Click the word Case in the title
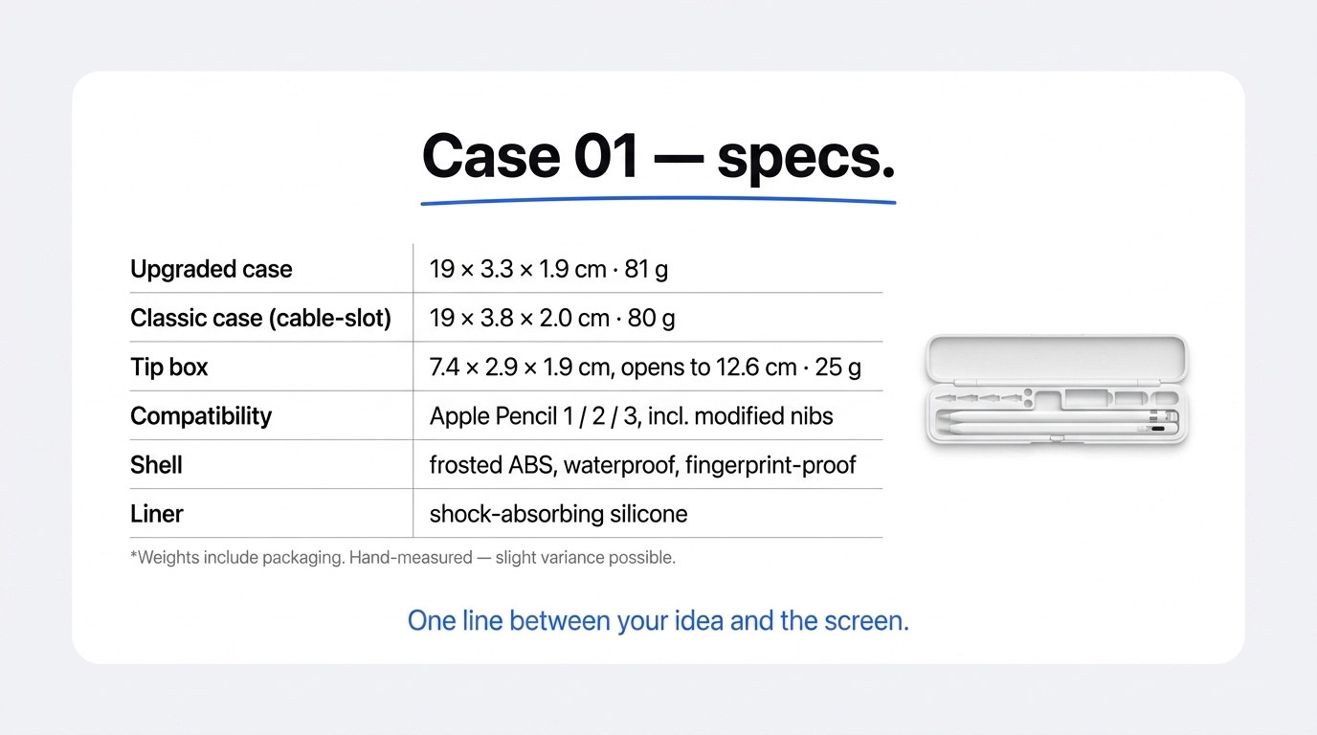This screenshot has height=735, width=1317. pyautogui.click(x=491, y=156)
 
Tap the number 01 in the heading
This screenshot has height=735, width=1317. pyautogui.click(x=606, y=156)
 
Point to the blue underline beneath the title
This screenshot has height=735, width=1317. pyautogui.click(x=658, y=201)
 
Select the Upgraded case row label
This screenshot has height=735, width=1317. pyautogui.click(x=212, y=269)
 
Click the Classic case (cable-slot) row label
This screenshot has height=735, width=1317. pyautogui.click(x=260, y=318)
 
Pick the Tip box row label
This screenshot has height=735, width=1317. pyautogui.click(x=168, y=367)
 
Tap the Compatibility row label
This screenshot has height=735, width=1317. pyautogui.click(x=201, y=416)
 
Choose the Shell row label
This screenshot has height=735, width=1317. pyautogui.click(x=156, y=465)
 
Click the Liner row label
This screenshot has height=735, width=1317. pyautogui.click(x=156, y=514)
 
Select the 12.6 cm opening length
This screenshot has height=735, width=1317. pyautogui.click(x=756, y=367)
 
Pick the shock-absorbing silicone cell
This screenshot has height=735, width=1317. pyautogui.click(x=559, y=514)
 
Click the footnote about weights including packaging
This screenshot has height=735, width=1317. pyautogui.click(x=403, y=557)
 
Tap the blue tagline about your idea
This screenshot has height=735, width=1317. pyautogui.click(x=658, y=621)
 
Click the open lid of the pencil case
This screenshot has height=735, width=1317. pyautogui.click(x=1057, y=358)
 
